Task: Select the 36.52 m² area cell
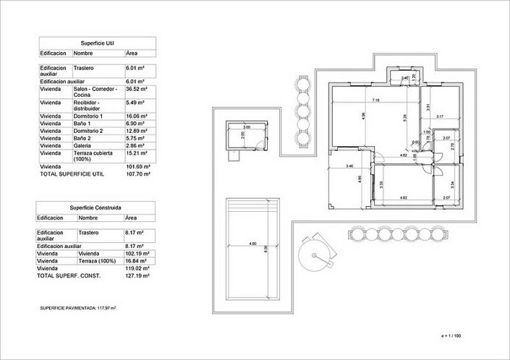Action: pyautogui.click(x=136, y=89)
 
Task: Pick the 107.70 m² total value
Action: pyautogui.click(x=137, y=174)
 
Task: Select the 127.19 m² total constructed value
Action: pyautogui.click(x=137, y=275)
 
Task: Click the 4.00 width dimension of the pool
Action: pyautogui.click(x=252, y=244)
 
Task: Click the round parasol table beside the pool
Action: pyautogui.click(x=316, y=252)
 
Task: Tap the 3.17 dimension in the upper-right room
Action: pyautogui.click(x=441, y=116)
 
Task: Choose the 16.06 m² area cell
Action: pyautogui.click(x=136, y=116)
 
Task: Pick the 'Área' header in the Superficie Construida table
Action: pyautogui.click(x=132, y=217)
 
